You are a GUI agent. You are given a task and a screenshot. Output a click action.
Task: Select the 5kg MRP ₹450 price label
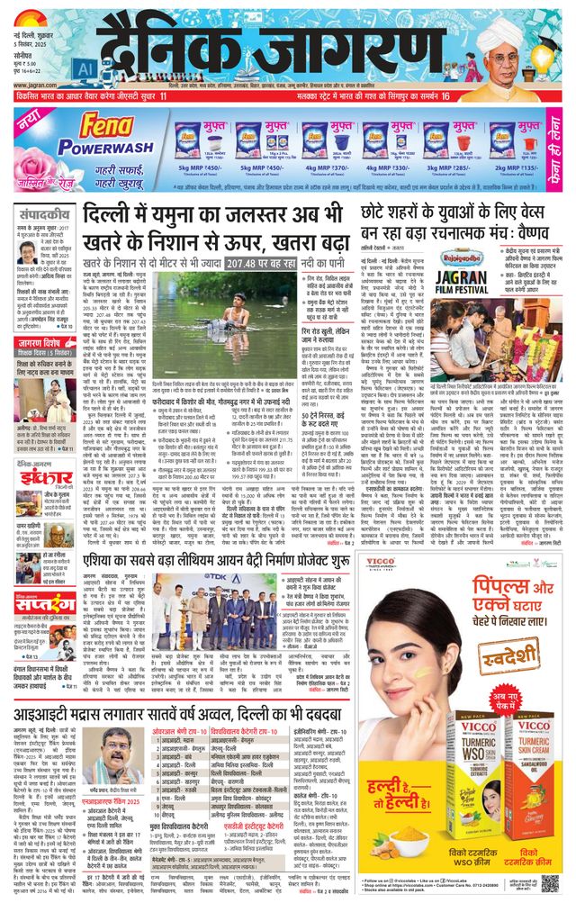[199, 167]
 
